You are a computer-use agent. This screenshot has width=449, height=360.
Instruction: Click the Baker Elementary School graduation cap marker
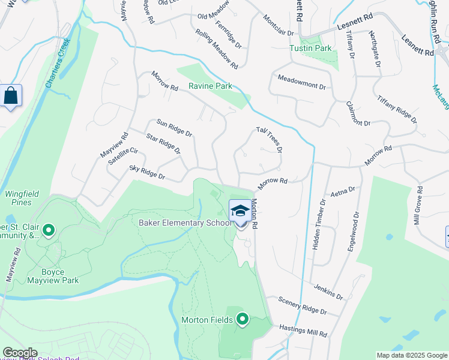click(x=240, y=212)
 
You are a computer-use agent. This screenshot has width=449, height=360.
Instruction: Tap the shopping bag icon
click(x=11, y=96)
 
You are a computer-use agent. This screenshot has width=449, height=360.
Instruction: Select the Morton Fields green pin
click(x=243, y=319)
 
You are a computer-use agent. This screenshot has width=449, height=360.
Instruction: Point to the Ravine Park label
click(x=210, y=86)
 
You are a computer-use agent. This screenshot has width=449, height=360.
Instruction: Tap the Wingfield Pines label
click(x=19, y=198)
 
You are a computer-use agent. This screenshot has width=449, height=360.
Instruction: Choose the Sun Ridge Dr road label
click(x=174, y=127)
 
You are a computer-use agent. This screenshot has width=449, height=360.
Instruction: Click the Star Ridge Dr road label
click(x=163, y=144)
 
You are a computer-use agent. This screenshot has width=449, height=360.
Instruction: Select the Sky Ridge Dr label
click(x=147, y=173)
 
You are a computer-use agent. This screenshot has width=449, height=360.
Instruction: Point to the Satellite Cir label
click(x=123, y=157)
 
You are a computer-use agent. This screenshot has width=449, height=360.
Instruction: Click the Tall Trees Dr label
click(x=269, y=139)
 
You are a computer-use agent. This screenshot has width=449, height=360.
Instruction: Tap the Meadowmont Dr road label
click(x=301, y=83)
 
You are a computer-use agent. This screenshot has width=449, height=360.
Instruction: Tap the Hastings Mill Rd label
click(x=303, y=331)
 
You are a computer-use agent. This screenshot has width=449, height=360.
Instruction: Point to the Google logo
click(x=20, y=353)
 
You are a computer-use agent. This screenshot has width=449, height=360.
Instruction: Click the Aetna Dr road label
click(x=343, y=192)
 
